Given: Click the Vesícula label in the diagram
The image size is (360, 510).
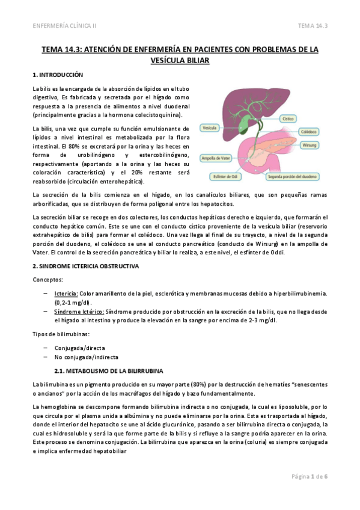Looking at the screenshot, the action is (x=210, y=127).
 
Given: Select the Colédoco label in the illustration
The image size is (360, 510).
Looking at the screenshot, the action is (x=308, y=130).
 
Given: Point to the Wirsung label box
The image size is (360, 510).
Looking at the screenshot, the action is (x=309, y=146).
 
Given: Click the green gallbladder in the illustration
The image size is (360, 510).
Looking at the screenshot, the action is (x=243, y=124).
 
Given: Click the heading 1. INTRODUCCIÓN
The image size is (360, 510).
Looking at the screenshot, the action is (x=57, y=75).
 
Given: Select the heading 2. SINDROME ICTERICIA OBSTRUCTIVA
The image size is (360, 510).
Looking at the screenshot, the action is (x=86, y=265).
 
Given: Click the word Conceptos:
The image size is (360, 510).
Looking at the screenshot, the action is (x=47, y=279).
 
